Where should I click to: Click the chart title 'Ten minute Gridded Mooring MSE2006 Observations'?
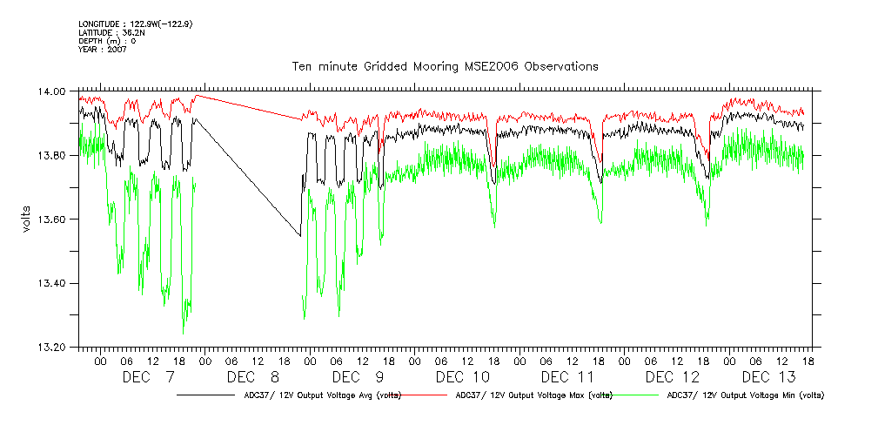[x=445, y=66]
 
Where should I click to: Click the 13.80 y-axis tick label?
[x=54, y=155]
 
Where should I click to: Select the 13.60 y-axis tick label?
[x=54, y=219]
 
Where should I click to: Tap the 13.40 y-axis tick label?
[x=54, y=283]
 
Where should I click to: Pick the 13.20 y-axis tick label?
[x=54, y=348]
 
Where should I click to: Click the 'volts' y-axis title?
[x=26, y=219]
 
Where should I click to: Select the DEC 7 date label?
[x=148, y=377]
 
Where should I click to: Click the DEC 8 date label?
[x=253, y=377]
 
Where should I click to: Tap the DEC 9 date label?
[x=358, y=377]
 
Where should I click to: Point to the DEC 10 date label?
[x=463, y=377]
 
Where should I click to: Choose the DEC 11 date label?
[x=567, y=377]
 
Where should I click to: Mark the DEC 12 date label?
[x=673, y=377]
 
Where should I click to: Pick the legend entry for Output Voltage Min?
[x=745, y=395]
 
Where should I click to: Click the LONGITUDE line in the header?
[x=135, y=24]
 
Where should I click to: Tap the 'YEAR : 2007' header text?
[x=103, y=50]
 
